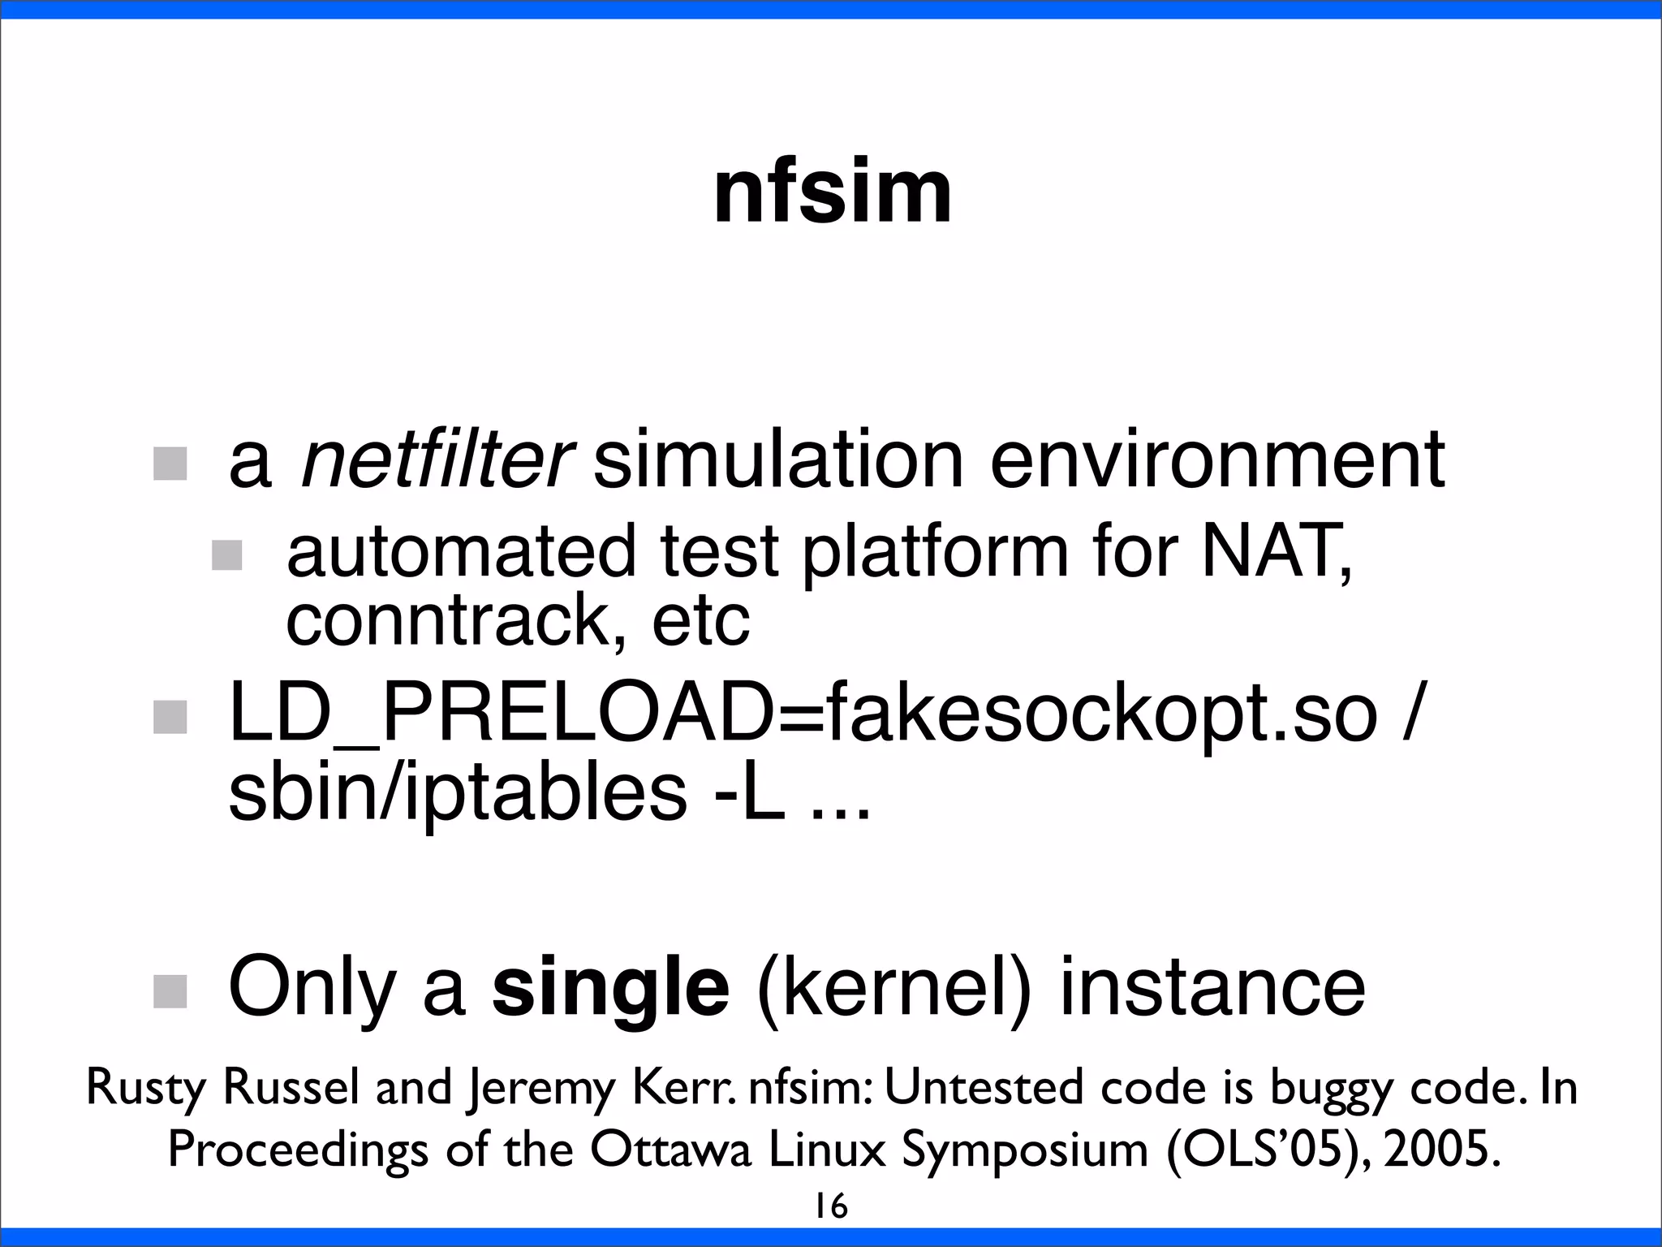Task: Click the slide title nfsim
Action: coord(832,193)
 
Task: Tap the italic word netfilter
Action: coord(437,460)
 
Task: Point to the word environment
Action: coord(1217,460)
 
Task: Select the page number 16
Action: coord(831,1206)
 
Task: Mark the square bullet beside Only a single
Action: coord(170,991)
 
